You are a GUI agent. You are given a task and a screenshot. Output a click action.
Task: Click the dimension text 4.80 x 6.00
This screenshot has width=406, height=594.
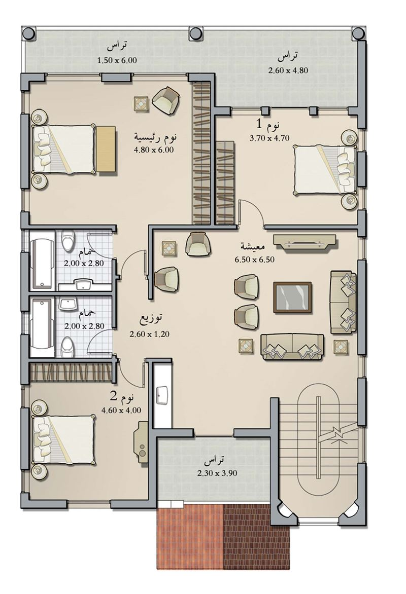coord(154,150)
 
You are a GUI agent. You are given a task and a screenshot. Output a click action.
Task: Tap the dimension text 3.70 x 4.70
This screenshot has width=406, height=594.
coord(269,138)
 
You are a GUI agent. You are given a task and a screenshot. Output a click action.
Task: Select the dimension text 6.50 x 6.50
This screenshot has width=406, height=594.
coord(254,259)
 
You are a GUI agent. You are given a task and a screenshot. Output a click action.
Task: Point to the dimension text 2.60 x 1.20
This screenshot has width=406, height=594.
coord(149,334)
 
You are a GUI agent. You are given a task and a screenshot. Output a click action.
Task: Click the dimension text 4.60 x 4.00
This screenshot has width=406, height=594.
coord(121,410)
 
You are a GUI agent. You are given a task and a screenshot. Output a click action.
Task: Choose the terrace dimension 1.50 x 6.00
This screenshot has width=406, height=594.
coord(117,60)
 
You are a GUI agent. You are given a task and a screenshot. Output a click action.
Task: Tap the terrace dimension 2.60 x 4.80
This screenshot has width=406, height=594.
coord(288,70)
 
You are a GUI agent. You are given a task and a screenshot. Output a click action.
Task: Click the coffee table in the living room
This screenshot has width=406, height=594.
coord(292,298)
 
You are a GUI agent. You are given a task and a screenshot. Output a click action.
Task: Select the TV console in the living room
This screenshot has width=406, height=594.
coord(305,242)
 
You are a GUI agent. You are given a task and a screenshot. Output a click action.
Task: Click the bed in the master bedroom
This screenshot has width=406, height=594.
coord(64,148)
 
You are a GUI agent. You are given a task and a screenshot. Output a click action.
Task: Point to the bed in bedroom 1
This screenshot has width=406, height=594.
coord(324,170)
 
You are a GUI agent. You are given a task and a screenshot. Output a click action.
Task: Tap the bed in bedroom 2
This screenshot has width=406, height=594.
coord(64,439)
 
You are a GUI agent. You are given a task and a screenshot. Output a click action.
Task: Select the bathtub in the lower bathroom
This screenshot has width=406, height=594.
coord(42,327)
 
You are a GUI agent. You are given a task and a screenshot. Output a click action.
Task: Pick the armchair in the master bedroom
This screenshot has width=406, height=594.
coord(166,100)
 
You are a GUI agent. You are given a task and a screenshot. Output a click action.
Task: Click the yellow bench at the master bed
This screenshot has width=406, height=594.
coord(105,149)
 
